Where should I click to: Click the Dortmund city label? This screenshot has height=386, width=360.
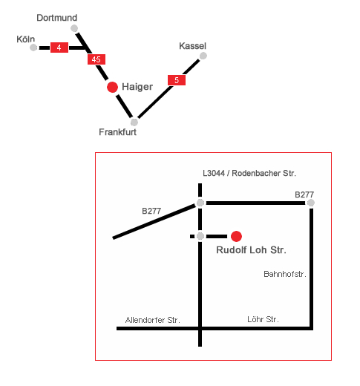57,18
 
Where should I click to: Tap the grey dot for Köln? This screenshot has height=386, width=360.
33,48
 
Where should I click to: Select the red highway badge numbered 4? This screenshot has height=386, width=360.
59,48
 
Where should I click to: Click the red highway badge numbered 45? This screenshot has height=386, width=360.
96,59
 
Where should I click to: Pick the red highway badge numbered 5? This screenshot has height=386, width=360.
177,80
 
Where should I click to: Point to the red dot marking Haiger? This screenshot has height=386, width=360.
112,88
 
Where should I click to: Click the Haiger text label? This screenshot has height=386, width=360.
137,87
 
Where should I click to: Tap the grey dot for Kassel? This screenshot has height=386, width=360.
203,56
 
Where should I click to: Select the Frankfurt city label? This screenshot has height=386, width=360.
118,132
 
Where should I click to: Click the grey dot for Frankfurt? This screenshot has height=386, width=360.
134,122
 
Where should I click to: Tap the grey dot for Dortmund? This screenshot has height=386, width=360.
74,28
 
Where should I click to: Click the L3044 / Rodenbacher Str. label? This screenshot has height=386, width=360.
249,173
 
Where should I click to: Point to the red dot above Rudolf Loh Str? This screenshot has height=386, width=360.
236,236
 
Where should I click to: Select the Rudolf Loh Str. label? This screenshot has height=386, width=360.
251,250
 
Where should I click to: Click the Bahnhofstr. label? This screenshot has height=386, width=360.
285,274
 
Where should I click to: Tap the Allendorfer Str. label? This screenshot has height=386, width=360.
153,320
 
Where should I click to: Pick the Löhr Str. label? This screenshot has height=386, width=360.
263,319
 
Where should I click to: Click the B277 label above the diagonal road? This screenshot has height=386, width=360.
151,211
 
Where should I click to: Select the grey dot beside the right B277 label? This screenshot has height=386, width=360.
311,203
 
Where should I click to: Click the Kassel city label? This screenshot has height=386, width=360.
192,46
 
